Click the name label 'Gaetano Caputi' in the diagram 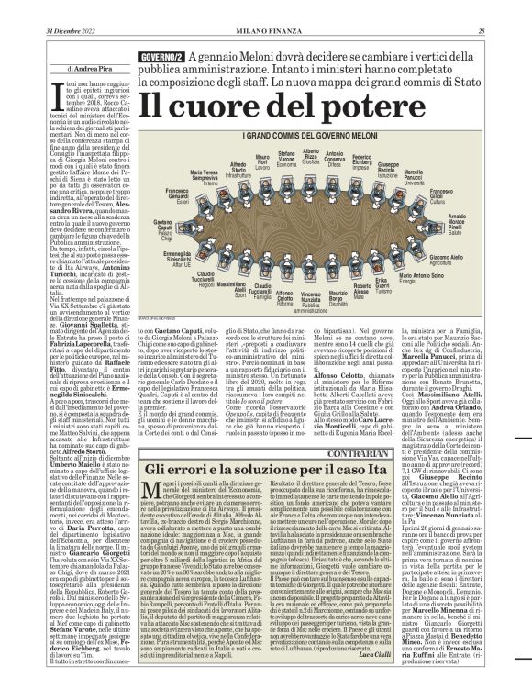[162, 230]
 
